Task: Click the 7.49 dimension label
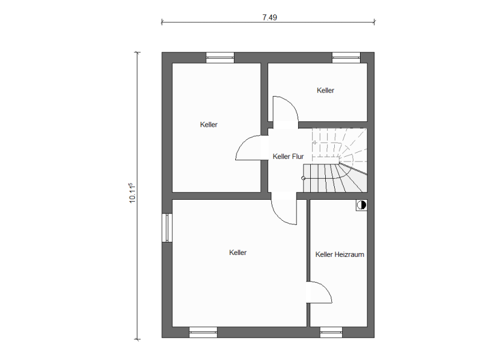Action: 269,17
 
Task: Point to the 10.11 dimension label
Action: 132,193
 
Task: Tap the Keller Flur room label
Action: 288,157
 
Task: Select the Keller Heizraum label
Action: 340,254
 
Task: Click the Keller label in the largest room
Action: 238,253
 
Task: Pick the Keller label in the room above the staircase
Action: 325,91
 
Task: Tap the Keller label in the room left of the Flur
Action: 209,125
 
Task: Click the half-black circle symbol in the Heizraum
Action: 362,205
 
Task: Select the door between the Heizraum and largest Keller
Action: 319,293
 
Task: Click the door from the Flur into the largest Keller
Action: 284,212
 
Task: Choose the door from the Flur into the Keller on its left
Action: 248,148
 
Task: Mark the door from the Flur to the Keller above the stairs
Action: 286,109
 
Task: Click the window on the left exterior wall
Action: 167,227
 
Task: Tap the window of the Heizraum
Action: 331,332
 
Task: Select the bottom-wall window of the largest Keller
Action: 203,332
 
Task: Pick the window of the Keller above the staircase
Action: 346,58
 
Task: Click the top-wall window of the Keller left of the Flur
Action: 220,58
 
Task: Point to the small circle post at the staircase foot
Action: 303,178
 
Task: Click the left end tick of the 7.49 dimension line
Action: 161,22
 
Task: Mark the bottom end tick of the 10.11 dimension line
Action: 137,339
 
